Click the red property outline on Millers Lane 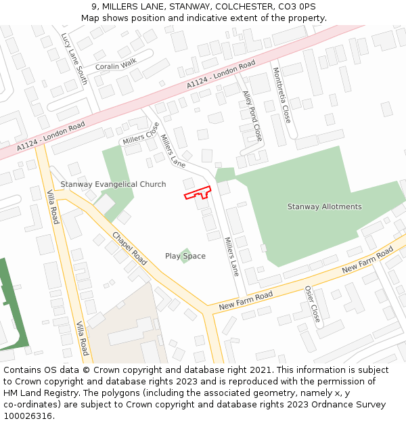tap(198, 194)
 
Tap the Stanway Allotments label tap(324, 206)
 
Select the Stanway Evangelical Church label tap(113, 184)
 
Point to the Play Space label tap(185, 256)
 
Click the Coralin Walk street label tap(116, 66)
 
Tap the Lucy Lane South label tap(74, 58)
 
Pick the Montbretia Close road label tap(281, 95)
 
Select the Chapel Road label tap(129, 249)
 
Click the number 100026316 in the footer tap(28, 416)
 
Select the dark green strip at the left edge tap(14, 305)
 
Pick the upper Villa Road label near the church tap(52, 206)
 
